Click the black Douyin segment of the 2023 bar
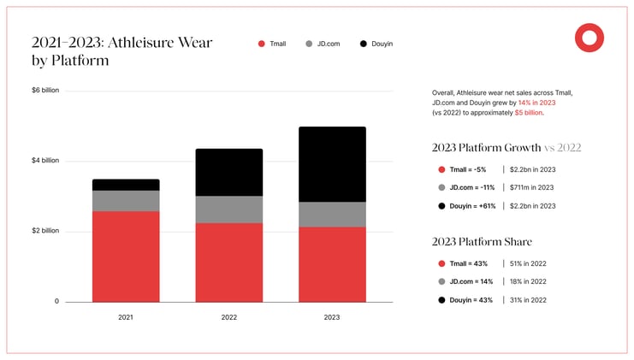point(331,164)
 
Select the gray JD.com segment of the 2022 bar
point(229,210)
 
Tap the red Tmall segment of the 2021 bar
point(126,257)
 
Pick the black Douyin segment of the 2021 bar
point(126,185)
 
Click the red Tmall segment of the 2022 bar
point(229,262)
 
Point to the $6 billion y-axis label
point(45,91)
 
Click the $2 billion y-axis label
point(45,231)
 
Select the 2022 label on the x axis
point(229,317)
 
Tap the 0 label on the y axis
point(56,301)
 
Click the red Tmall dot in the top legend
point(261,44)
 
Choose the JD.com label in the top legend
point(329,44)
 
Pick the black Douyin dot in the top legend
point(364,44)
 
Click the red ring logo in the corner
point(589,37)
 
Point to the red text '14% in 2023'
point(537,103)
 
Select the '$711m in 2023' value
point(532,187)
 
